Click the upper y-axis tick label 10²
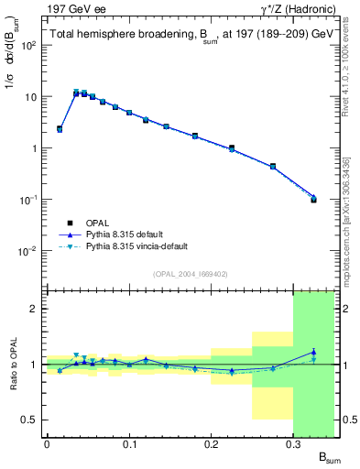29,45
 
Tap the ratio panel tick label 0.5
30,420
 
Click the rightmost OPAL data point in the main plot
313,199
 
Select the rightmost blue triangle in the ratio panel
313,352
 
